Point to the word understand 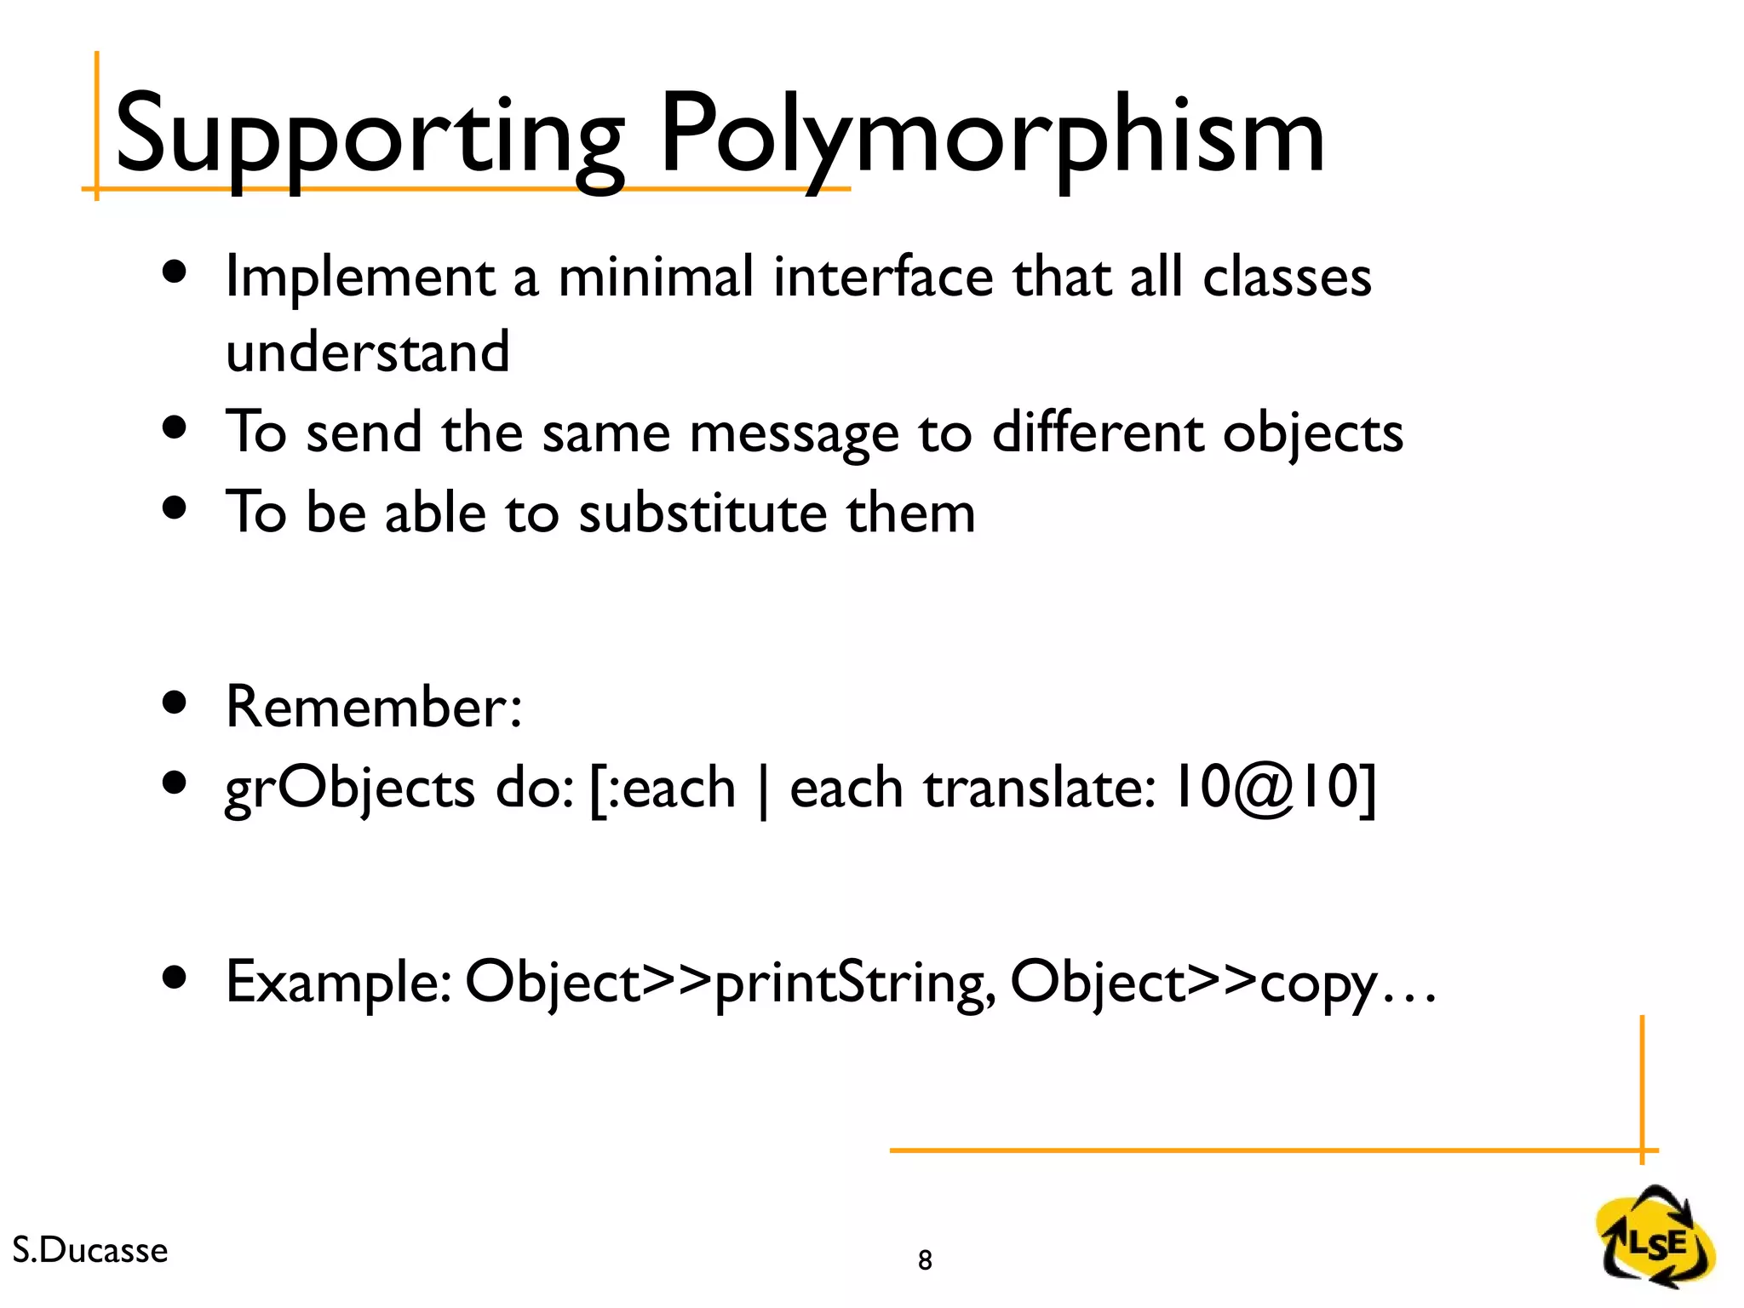tap(367, 352)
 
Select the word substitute tap(703, 513)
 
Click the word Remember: tap(373, 707)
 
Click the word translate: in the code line tap(1040, 788)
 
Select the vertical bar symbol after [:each tap(763, 789)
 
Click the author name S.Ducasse tap(90, 1250)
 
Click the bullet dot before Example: tap(175, 978)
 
